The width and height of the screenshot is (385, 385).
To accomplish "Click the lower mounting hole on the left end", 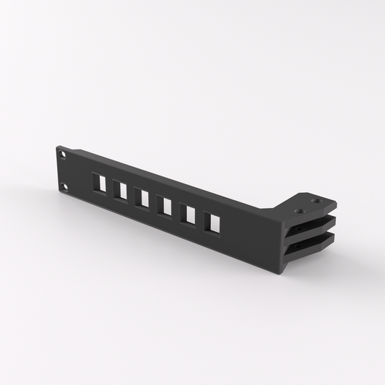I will tap(65, 187).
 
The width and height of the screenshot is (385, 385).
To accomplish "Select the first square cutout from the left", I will tap(100, 183).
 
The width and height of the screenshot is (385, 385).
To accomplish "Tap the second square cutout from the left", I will tap(121, 191).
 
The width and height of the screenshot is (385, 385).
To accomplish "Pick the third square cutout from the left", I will tap(142, 198).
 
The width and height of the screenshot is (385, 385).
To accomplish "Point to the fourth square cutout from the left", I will tap(165, 206).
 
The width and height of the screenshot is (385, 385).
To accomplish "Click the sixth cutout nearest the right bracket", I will tap(212, 222).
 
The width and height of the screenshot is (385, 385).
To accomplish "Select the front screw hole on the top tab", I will tap(300, 211).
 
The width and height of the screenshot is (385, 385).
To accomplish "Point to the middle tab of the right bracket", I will tap(318, 227).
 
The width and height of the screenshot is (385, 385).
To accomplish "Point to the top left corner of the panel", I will tap(57, 147).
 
